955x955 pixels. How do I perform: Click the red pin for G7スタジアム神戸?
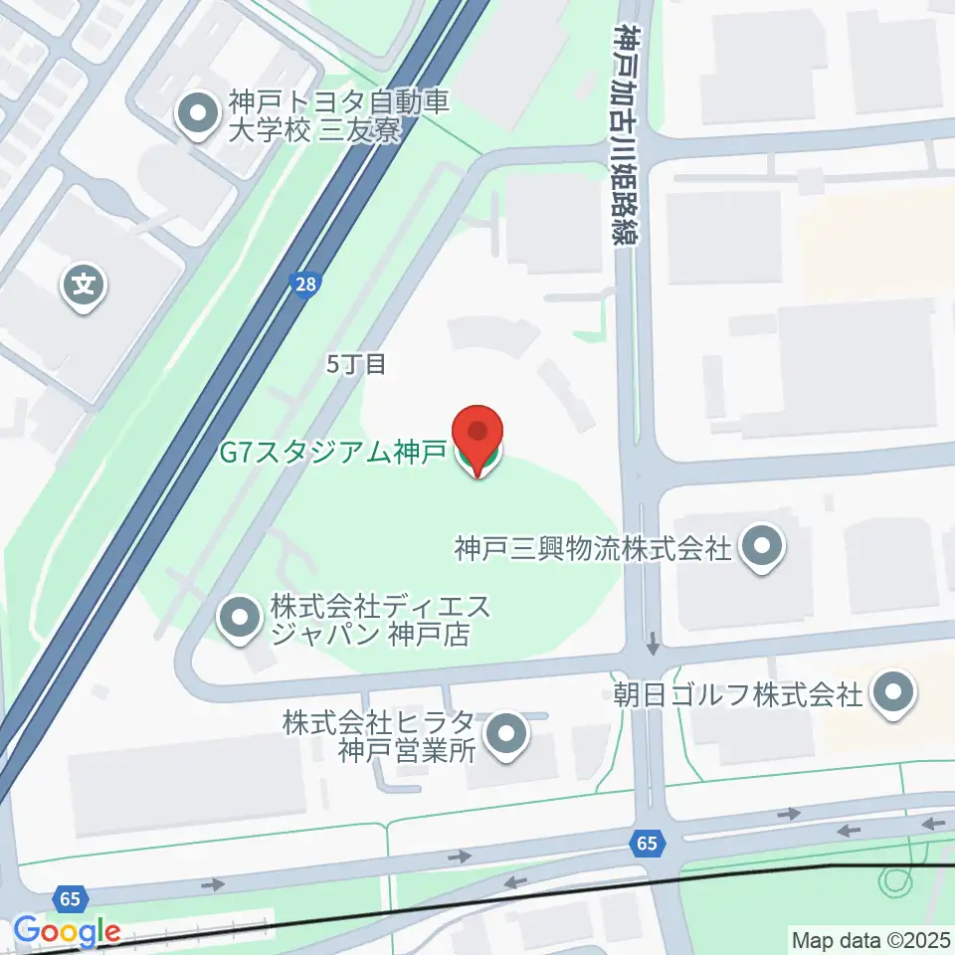tap(478, 436)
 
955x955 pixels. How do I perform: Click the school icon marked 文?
tap(85, 286)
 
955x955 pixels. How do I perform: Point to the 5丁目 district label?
tap(356, 365)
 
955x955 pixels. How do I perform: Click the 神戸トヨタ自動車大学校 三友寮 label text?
tap(314, 115)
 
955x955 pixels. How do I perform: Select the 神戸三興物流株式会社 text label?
tap(593, 546)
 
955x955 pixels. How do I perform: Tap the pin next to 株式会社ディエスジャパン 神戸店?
tap(239, 619)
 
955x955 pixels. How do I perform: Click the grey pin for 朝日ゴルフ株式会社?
tap(892, 693)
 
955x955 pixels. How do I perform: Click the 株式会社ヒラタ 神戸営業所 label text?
tap(385, 735)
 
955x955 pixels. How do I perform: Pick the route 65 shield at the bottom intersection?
tap(648, 844)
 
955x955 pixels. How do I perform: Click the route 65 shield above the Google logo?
tap(70, 898)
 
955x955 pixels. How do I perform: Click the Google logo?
tap(67, 932)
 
